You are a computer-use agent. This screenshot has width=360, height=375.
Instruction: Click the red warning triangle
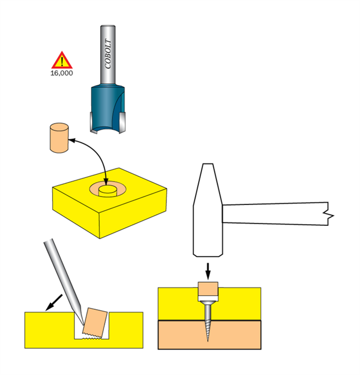[62, 61]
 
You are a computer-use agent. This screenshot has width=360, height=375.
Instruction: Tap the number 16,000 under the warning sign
[62, 73]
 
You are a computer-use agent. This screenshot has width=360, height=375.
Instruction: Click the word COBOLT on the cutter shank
[108, 54]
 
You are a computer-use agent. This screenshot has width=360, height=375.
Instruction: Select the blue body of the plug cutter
[107, 108]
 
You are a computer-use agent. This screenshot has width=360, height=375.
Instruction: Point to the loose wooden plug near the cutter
[59, 138]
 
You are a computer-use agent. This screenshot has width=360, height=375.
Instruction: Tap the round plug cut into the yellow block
[108, 191]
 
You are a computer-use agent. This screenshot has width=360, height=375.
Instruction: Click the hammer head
[208, 210]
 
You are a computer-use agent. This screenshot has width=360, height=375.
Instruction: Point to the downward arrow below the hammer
[208, 271]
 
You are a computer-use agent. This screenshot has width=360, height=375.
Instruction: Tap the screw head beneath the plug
[208, 303]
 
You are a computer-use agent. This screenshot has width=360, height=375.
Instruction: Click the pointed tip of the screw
[208, 341]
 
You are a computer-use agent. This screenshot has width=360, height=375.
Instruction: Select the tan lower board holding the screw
[209, 335]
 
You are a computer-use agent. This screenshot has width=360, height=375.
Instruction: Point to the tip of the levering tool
[83, 325]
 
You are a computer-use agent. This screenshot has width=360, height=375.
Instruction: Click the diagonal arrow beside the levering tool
[54, 302]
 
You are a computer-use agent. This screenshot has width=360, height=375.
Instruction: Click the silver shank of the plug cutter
[108, 55]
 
